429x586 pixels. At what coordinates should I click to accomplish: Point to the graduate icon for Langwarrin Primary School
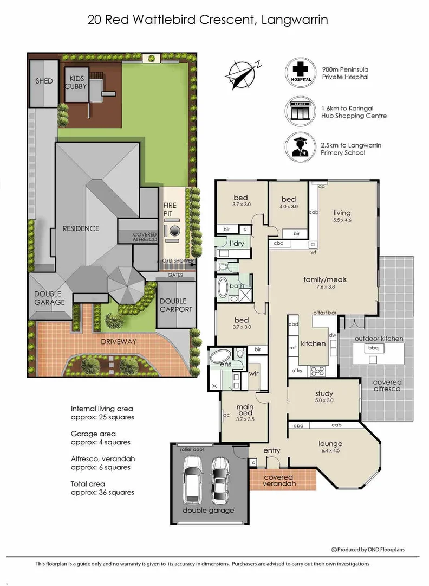click(x=302, y=146)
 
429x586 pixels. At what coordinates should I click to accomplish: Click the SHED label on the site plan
click(x=44, y=81)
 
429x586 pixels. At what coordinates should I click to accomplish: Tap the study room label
click(x=324, y=393)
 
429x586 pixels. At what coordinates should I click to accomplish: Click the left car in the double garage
click(x=193, y=477)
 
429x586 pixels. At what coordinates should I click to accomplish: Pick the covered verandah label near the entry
click(x=278, y=481)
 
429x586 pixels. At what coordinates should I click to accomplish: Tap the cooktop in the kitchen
click(x=316, y=372)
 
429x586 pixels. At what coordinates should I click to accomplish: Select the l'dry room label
click(x=236, y=244)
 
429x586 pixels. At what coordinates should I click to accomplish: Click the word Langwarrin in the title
click(x=295, y=20)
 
